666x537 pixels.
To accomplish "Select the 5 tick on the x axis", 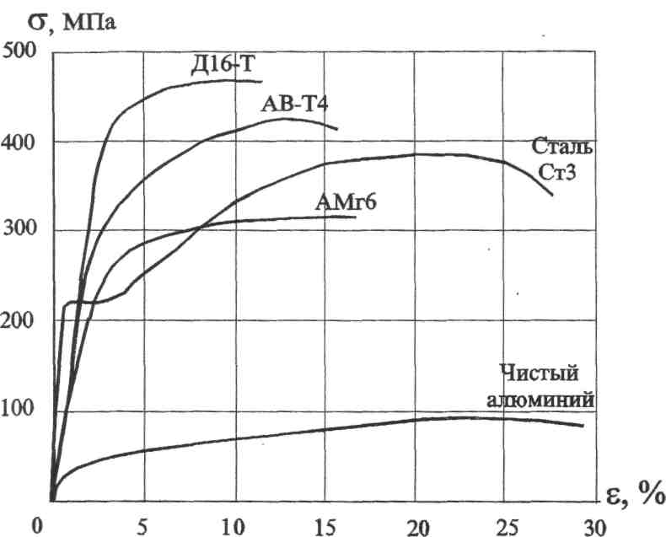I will click(143, 525).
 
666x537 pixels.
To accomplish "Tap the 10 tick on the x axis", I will click(232, 525).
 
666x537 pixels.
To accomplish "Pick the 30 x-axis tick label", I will click(593, 525).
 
